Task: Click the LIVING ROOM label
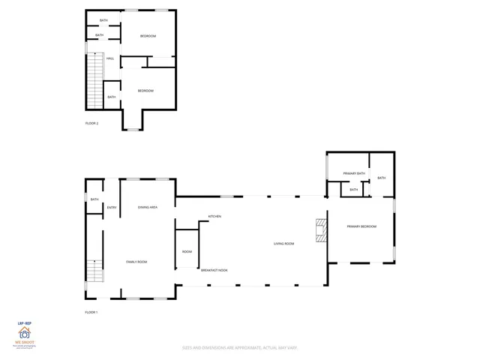pyautogui.click(x=283, y=244)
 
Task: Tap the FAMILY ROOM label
pyautogui.click(x=136, y=262)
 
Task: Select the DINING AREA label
pyautogui.click(x=147, y=207)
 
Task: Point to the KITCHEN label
pyautogui.click(x=214, y=217)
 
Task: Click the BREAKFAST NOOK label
pyautogui.click(x=214, y=270)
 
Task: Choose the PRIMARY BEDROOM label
pyautogui.click(x=361, y=226)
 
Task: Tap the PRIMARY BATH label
pyautogui.click(x=354, y=174)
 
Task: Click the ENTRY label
pyautogui.click(x=112, y=207)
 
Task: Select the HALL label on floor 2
pyautogui.click(x=110, y=58)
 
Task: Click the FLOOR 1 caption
pyautogui.click(x=91, y=312)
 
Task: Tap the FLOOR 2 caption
pyautogui.click(x=91, y=123)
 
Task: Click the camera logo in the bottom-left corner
pyautogui.click(x=24, y=334)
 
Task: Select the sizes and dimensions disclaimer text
pyautogui.click(x=240, y=347)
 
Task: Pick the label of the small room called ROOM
pyautogui.click(x=187, y=252)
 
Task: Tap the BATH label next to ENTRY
pyautogui.click(x=94, y=199)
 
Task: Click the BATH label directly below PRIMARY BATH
pyautogui.click(x=354, y=190)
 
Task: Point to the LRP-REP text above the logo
pyautogui.click(x=24, y=322)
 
